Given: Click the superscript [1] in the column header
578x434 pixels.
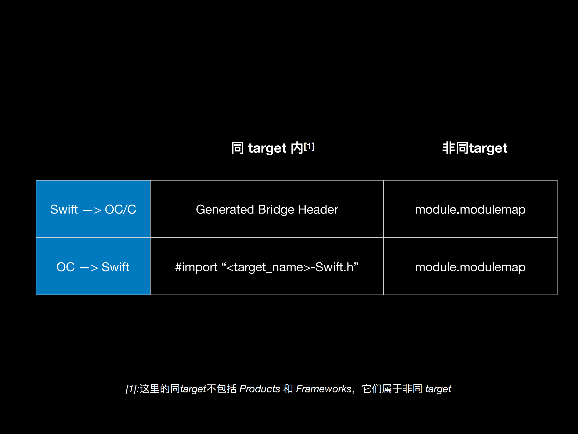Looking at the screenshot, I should (309, 147).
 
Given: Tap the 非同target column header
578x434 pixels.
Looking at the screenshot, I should (474, 148).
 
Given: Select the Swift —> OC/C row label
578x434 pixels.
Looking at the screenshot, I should (93, 209).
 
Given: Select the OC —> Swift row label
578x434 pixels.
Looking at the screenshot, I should (93, 267).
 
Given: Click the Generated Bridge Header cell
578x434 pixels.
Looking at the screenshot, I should (267, 209).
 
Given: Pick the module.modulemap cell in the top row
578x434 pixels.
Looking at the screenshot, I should (470, 209).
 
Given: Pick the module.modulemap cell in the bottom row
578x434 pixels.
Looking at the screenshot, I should (470, 267).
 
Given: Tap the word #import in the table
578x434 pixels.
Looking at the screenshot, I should (196, 267).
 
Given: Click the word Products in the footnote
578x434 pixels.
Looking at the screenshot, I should (260, 389).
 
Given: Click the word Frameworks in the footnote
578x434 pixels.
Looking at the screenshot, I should (323, 389).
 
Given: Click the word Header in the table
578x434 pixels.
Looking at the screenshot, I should (318, 209).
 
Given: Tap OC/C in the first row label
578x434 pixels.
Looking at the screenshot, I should (120, 209).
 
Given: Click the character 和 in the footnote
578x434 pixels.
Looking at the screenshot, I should (288, 389).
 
